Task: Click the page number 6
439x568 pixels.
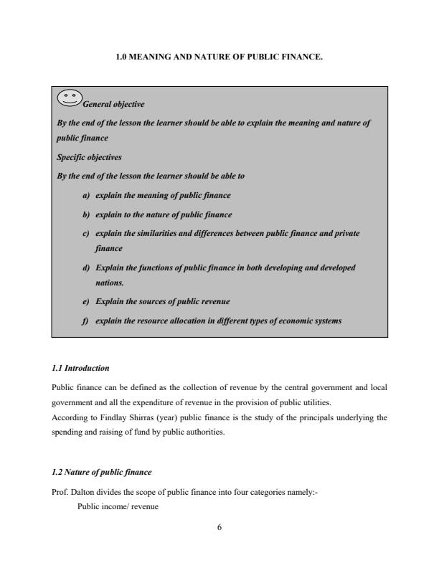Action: [x=219, y=527]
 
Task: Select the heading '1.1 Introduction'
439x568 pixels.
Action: [x=80, y=368]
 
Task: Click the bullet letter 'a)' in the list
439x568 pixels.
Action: [x=85, y=195]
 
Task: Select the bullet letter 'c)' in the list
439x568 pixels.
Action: [x=85, y=233]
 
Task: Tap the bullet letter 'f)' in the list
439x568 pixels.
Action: [x=85, y=321]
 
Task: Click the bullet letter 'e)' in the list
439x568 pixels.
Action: [x=85, y=301]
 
